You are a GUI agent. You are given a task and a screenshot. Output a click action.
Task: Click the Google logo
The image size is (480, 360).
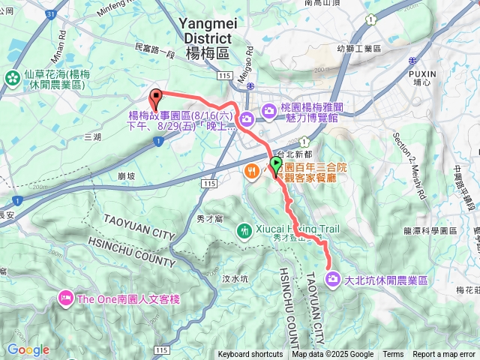tap(28, 349)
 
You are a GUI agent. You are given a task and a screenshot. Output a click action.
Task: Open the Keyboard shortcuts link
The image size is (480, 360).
tap(250, 355)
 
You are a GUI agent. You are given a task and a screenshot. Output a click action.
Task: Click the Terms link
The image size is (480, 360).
tap(393, 355)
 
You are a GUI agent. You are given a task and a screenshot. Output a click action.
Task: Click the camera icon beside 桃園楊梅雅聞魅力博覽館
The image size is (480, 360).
tap(247, 118)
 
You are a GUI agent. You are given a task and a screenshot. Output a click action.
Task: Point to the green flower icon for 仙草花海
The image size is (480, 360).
tap(13, 76)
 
